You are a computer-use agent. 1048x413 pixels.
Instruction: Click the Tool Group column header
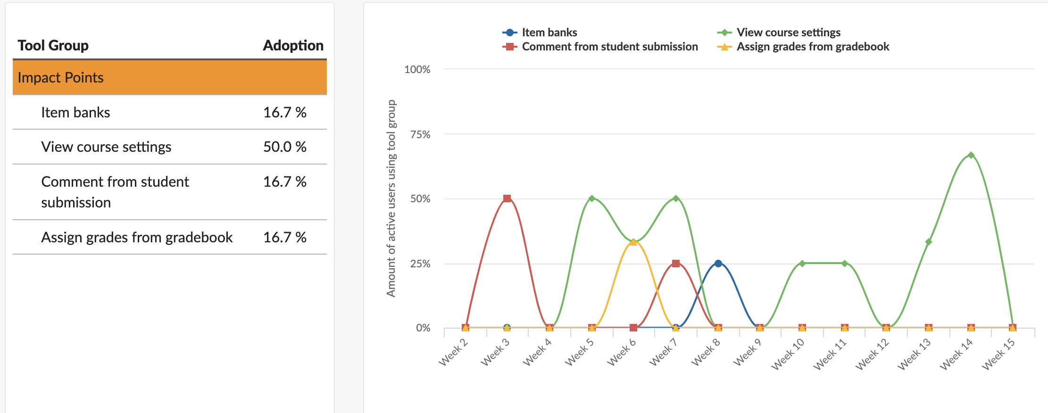53,46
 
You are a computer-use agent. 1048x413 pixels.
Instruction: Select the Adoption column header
293,46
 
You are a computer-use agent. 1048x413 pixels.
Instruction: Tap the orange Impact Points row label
60,78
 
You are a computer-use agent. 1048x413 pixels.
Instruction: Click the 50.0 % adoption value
284,147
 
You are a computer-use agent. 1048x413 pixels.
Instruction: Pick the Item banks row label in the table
75,113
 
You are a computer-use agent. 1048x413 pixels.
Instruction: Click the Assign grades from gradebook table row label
137,238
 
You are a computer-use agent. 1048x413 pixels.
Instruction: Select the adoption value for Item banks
284,113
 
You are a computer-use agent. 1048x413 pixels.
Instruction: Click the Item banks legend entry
549,33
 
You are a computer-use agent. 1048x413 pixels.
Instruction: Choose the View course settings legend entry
788,33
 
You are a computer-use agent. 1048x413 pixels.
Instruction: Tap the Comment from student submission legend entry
609,47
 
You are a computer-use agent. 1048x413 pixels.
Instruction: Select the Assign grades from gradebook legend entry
813,47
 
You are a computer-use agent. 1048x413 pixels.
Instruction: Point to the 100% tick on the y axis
417,70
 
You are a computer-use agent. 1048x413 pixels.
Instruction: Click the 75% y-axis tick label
420,135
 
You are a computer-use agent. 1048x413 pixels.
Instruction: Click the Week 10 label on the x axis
788,355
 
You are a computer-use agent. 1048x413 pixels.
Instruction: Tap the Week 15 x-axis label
998,355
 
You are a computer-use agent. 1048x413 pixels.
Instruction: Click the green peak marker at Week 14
971,155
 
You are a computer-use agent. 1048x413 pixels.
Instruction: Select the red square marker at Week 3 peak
507,198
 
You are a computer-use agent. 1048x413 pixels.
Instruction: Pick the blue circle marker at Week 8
718,264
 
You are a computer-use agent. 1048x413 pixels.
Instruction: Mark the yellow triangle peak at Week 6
633,242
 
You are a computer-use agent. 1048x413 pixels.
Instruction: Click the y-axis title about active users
391,198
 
